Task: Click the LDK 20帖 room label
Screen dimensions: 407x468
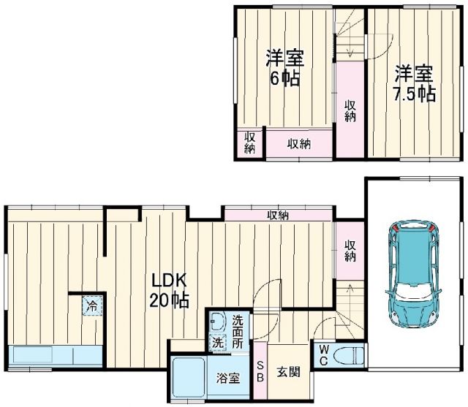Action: pos(170,289)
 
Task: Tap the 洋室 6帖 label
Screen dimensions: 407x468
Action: pos(284,68)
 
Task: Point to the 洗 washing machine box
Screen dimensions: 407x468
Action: pos(217,342)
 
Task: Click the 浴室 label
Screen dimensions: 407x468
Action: pos(227,379)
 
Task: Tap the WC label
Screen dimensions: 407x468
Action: pos(322,355)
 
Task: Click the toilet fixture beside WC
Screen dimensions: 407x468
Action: pos(348,356)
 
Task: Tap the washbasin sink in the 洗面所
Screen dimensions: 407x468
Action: pos(217,322)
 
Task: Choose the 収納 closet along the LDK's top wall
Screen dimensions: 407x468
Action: pos(277,215)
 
